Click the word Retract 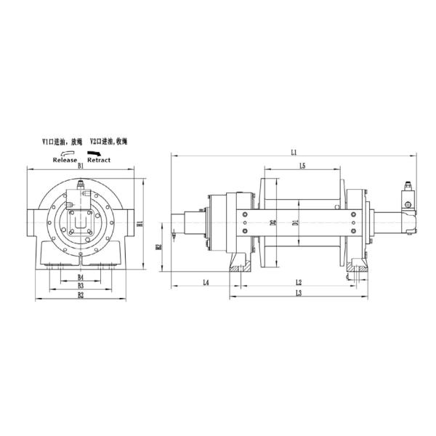[x=98, y=159]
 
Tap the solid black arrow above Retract [x=94, y=153]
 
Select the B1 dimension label [x=81, y=166]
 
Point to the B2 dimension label [x=81, y=296]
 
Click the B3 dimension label [x=81, y=286]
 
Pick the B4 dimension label [x=81, y=278]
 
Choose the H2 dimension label [x=158, y=248]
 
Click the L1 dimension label [x=294, y=152]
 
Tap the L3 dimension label [x=298, y=293]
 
